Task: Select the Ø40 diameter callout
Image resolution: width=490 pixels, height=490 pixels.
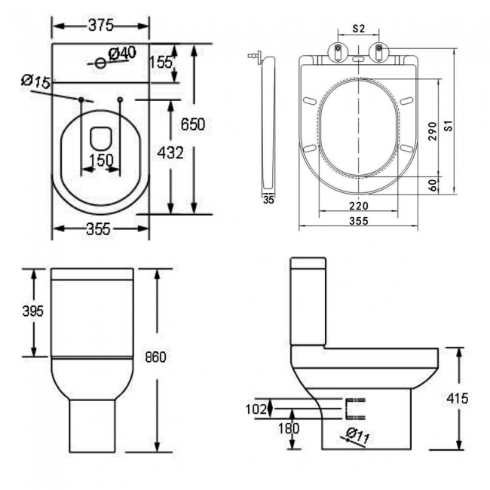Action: point(121,53)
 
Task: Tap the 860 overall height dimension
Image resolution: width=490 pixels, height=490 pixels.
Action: point(154,357)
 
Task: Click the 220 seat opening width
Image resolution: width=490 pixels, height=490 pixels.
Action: point(358,206)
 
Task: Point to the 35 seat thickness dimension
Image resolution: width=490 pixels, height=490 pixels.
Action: point(268,199)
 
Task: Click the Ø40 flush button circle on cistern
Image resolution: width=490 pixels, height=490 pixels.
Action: point(100,63)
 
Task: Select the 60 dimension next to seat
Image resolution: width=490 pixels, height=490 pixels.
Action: point(433,184)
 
